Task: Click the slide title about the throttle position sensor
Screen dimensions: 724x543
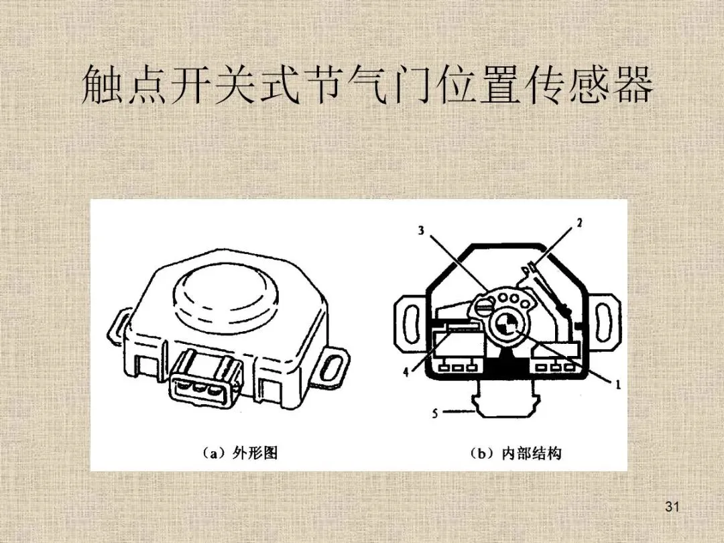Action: click(x=367, y=86)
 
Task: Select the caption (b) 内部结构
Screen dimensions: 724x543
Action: click(x=516, y=453)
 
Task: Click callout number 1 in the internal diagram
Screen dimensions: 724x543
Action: click(x=617, y=385)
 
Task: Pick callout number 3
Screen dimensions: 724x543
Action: click(x=421, y=231)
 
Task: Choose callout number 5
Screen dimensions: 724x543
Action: click(x=434, y=414)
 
